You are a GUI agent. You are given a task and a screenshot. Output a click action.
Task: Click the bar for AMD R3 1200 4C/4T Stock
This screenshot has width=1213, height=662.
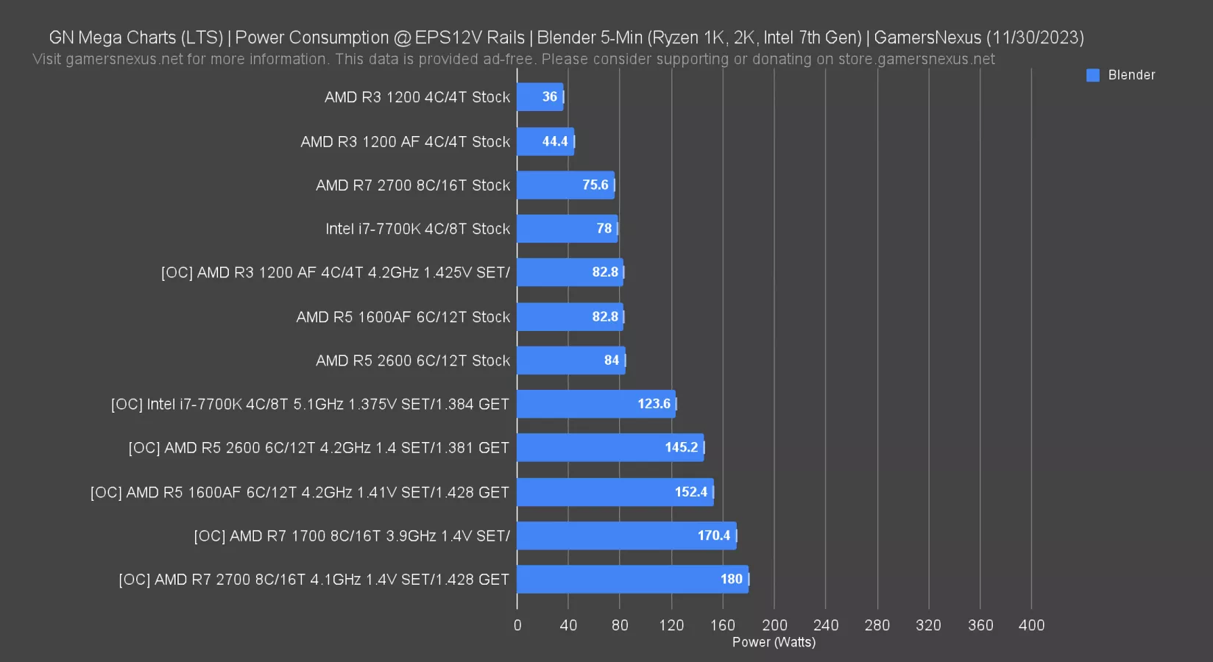540,97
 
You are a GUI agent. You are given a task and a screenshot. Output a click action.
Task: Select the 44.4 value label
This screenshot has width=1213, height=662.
555,141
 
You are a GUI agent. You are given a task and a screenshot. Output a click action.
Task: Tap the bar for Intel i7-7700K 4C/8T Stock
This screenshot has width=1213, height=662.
567,229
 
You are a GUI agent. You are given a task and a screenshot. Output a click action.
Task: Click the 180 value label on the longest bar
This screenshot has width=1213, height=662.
731,580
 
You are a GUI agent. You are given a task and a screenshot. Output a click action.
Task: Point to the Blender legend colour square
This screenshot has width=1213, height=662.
1093,75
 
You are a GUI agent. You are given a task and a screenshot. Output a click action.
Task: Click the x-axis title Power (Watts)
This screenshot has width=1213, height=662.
774,642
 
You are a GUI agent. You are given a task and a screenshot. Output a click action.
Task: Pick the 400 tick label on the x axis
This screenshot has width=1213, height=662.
1031,625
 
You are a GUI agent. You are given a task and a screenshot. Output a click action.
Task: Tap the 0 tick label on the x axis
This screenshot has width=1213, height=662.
517,625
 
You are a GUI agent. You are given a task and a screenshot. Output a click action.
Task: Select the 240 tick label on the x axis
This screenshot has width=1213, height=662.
825,625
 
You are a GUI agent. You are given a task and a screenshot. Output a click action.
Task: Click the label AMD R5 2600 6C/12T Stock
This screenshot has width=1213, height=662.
412,360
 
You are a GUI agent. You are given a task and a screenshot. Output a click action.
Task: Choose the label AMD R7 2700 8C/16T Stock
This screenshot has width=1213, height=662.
412,185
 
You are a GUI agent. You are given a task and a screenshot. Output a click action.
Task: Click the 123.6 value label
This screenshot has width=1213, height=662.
654,404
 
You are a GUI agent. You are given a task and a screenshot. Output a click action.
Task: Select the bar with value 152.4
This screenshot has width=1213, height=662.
615,492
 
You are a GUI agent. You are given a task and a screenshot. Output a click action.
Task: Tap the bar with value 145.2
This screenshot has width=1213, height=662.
609,448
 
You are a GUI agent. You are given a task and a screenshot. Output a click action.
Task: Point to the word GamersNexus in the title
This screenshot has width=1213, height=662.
927,38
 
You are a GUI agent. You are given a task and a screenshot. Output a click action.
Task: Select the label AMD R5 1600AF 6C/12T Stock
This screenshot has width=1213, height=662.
403,317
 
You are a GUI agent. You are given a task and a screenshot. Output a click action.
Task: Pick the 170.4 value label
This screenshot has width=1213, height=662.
713,535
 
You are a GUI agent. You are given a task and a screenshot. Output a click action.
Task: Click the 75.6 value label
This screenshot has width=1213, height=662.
595,185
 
